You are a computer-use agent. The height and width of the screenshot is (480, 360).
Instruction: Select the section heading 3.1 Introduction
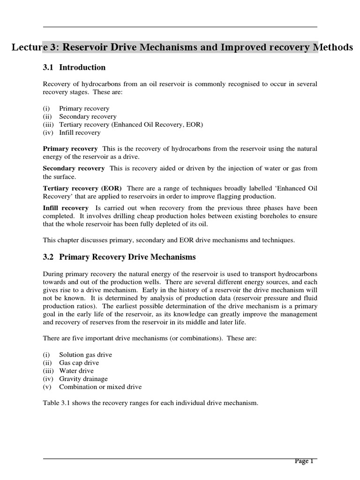click(74, 67)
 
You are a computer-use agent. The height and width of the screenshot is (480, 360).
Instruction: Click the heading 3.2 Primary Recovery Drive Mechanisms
click(119, 257)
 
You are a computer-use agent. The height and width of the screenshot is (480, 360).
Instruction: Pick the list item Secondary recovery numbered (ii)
click(88, 116)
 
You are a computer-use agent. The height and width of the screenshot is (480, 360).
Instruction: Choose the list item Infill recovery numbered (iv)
click(80, 133)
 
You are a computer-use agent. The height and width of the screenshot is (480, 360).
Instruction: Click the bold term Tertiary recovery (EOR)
click(82, 188)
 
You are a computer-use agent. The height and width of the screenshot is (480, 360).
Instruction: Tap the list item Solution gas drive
click(85, 354)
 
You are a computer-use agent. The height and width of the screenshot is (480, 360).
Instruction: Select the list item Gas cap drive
click(79, 363)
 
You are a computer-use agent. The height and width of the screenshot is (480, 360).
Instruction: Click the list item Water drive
click(76, 371)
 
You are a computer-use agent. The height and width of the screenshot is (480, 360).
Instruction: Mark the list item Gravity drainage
click(83, 379)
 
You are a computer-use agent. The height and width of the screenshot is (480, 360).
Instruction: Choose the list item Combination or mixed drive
click(100, 387)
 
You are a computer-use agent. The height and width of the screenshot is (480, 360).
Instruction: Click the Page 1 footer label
click(304, 461)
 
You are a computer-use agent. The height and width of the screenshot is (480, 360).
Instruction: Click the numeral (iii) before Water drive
click(48, 371)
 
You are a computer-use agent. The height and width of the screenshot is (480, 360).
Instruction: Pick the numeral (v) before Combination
click(47, 387)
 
